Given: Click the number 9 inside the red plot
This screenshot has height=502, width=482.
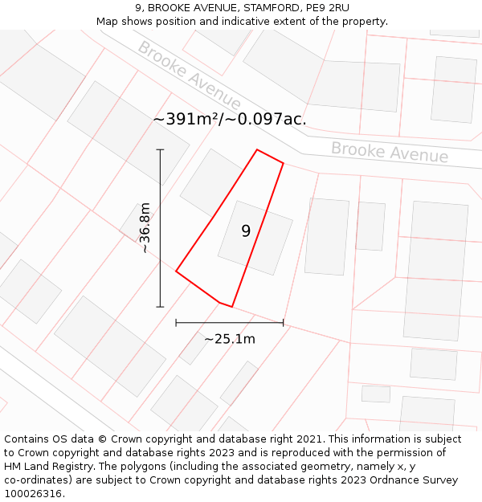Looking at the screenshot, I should (246, 231).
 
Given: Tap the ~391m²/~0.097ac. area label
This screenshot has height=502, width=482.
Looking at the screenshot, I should (230, 119).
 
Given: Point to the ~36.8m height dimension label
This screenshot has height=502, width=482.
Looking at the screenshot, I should (145, 228).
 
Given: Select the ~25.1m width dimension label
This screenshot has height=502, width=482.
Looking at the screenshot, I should (230, 339).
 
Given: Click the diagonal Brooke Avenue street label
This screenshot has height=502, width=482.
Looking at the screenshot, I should (189, 75).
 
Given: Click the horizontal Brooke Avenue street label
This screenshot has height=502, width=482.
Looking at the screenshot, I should (390, 152).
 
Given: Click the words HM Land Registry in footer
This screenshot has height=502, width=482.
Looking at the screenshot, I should (48, 467).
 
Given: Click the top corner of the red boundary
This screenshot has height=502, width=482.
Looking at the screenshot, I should (257, 149).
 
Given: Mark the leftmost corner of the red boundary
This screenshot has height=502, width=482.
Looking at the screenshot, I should (176, 271).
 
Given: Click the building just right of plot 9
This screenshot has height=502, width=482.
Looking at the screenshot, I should (327, 236).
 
